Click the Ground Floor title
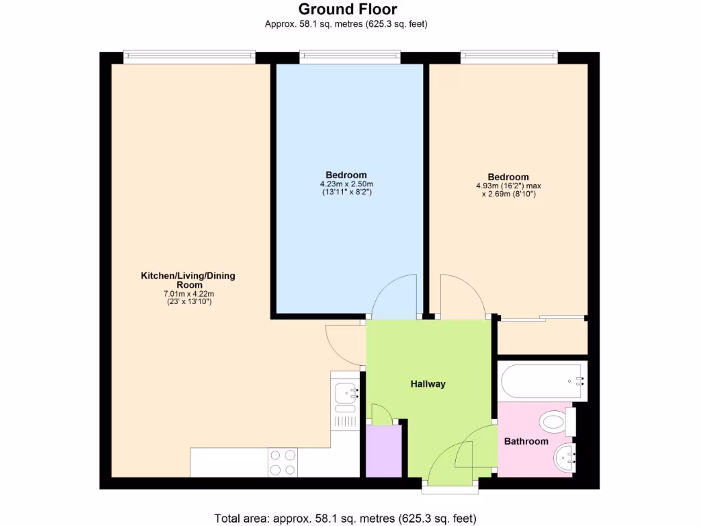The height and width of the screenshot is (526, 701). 347,9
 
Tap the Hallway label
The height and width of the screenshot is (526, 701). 428,384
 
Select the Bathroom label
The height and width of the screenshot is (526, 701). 526,441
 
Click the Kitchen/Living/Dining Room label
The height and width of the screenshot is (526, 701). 188,280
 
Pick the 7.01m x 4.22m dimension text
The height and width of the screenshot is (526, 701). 188,294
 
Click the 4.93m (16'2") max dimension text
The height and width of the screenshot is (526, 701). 508,186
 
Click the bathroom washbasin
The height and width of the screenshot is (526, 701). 565,458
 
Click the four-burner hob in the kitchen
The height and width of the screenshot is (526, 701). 283,462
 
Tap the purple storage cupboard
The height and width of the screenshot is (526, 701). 383,451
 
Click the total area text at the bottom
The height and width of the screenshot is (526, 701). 345,517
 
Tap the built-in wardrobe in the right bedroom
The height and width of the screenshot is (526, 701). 542,337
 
